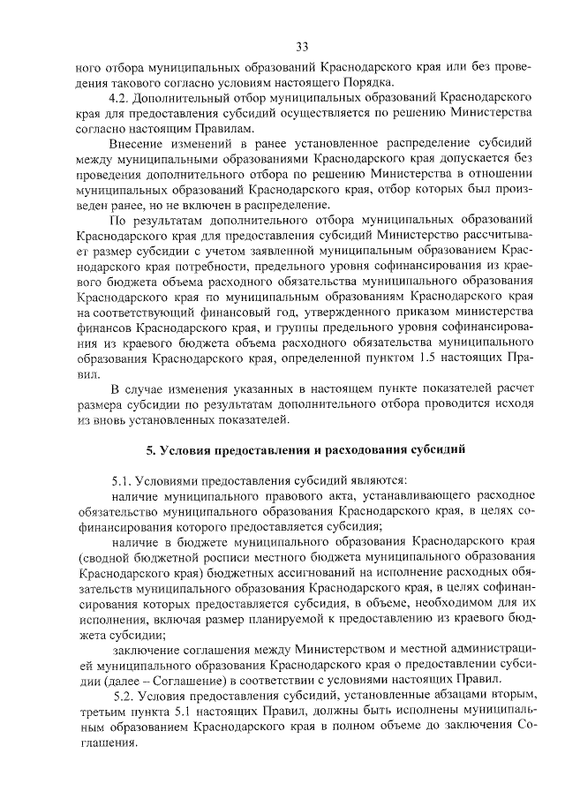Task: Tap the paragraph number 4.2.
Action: tap(118, 94)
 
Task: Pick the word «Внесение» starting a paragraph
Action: tap(134, 142)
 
